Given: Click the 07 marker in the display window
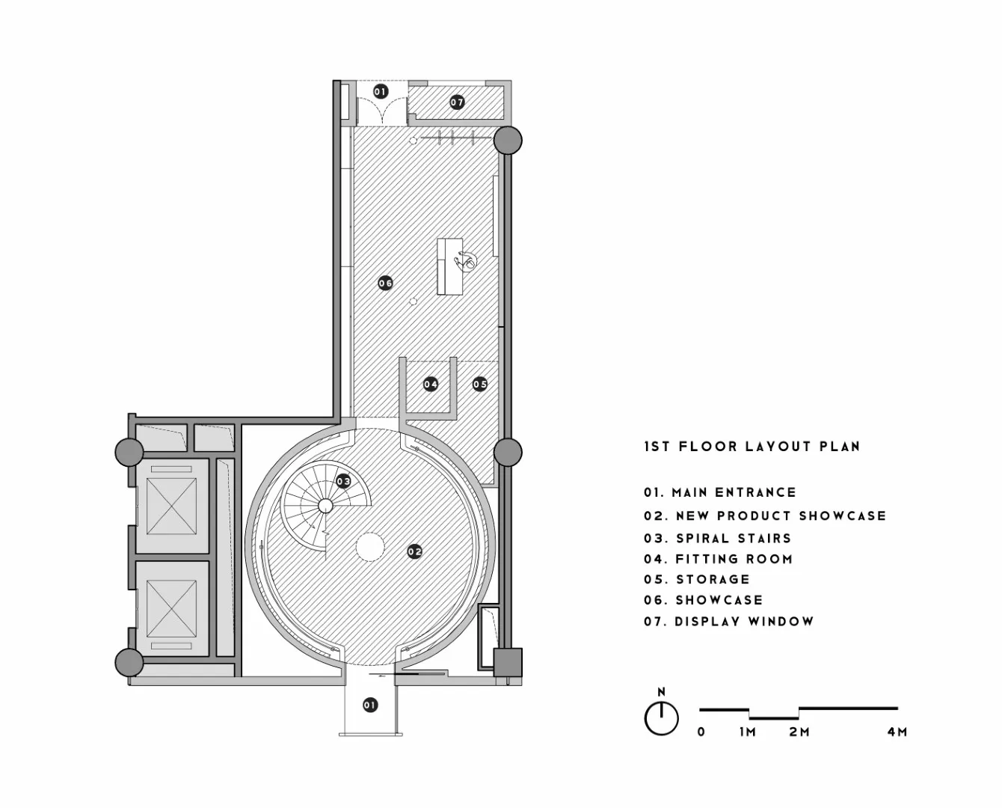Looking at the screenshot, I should point(457,102).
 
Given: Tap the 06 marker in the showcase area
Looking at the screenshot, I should point(385,283).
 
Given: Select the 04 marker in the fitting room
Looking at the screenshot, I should point(431,384).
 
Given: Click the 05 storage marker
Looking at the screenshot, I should point(480,384).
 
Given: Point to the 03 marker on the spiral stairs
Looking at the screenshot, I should point(343,481).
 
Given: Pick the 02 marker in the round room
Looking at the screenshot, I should point(415,551).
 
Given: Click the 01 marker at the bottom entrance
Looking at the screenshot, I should point(369,704).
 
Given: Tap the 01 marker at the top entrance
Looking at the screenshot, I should point(381,91).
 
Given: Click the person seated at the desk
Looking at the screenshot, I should point(468,261).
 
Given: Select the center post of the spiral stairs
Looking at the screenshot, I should point(325,506).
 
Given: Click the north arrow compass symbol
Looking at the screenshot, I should point(661,717).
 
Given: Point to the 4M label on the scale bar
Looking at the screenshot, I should point(897,732).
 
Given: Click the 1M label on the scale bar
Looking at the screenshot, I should point(748,732).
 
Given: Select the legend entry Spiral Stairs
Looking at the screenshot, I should point(717,538).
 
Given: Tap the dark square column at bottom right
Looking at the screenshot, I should point(508,661).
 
